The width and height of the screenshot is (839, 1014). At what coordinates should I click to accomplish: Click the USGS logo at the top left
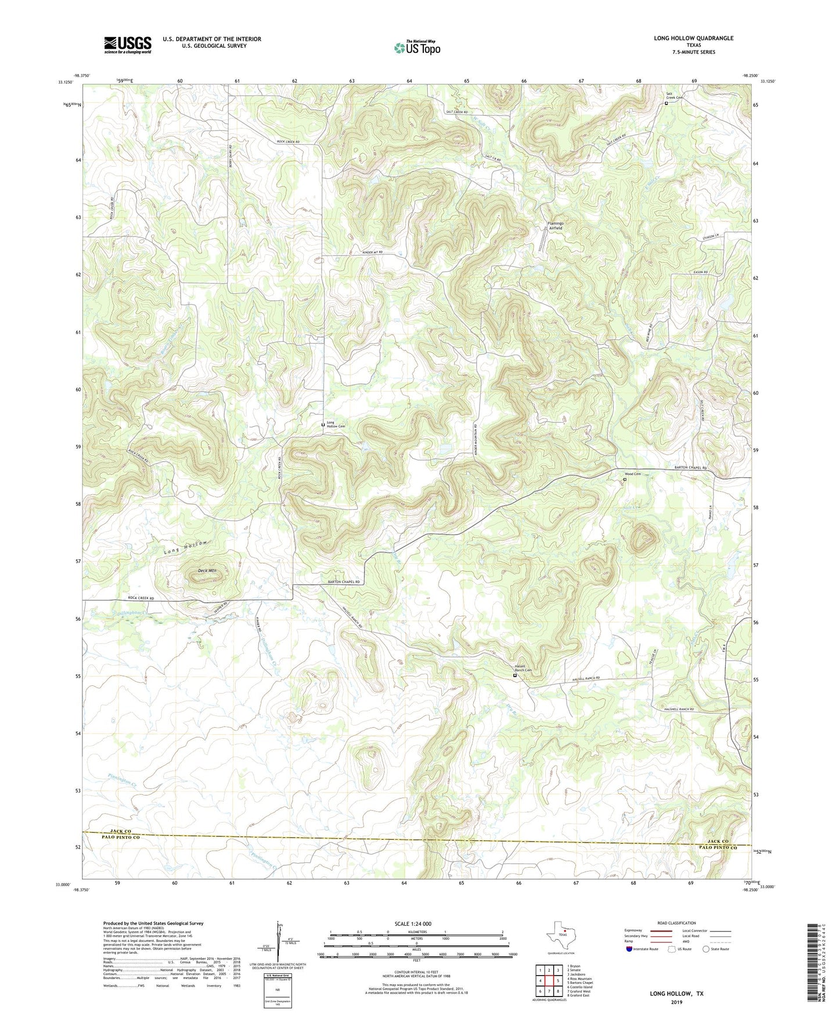tap(128, 45)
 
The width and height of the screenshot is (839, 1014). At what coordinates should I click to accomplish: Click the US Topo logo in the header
tap(417, 48)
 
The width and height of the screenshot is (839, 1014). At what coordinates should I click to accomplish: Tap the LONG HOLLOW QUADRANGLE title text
tap(693, 38)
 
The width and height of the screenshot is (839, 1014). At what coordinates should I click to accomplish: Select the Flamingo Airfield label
tap(555, 226)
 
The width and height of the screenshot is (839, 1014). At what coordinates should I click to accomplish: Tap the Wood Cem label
tap(633, 474)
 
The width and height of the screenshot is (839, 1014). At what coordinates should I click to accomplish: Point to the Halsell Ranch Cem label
tap(523, 668)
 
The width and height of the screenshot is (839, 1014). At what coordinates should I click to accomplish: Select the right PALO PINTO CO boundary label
tap(718, 848)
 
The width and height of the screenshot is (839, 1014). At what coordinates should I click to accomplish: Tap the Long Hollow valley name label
tap(185, 546)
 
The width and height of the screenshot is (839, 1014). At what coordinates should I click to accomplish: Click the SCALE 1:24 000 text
tap(412, 924)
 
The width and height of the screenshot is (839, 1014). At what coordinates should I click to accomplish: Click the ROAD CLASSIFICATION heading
tap(676, 923)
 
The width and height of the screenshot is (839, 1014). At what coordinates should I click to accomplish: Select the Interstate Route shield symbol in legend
tap(630, 949)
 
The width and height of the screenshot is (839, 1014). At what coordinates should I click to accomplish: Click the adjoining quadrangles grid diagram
tap(548, 981)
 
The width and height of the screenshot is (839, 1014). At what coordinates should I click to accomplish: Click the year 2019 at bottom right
tap(676, 1002)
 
